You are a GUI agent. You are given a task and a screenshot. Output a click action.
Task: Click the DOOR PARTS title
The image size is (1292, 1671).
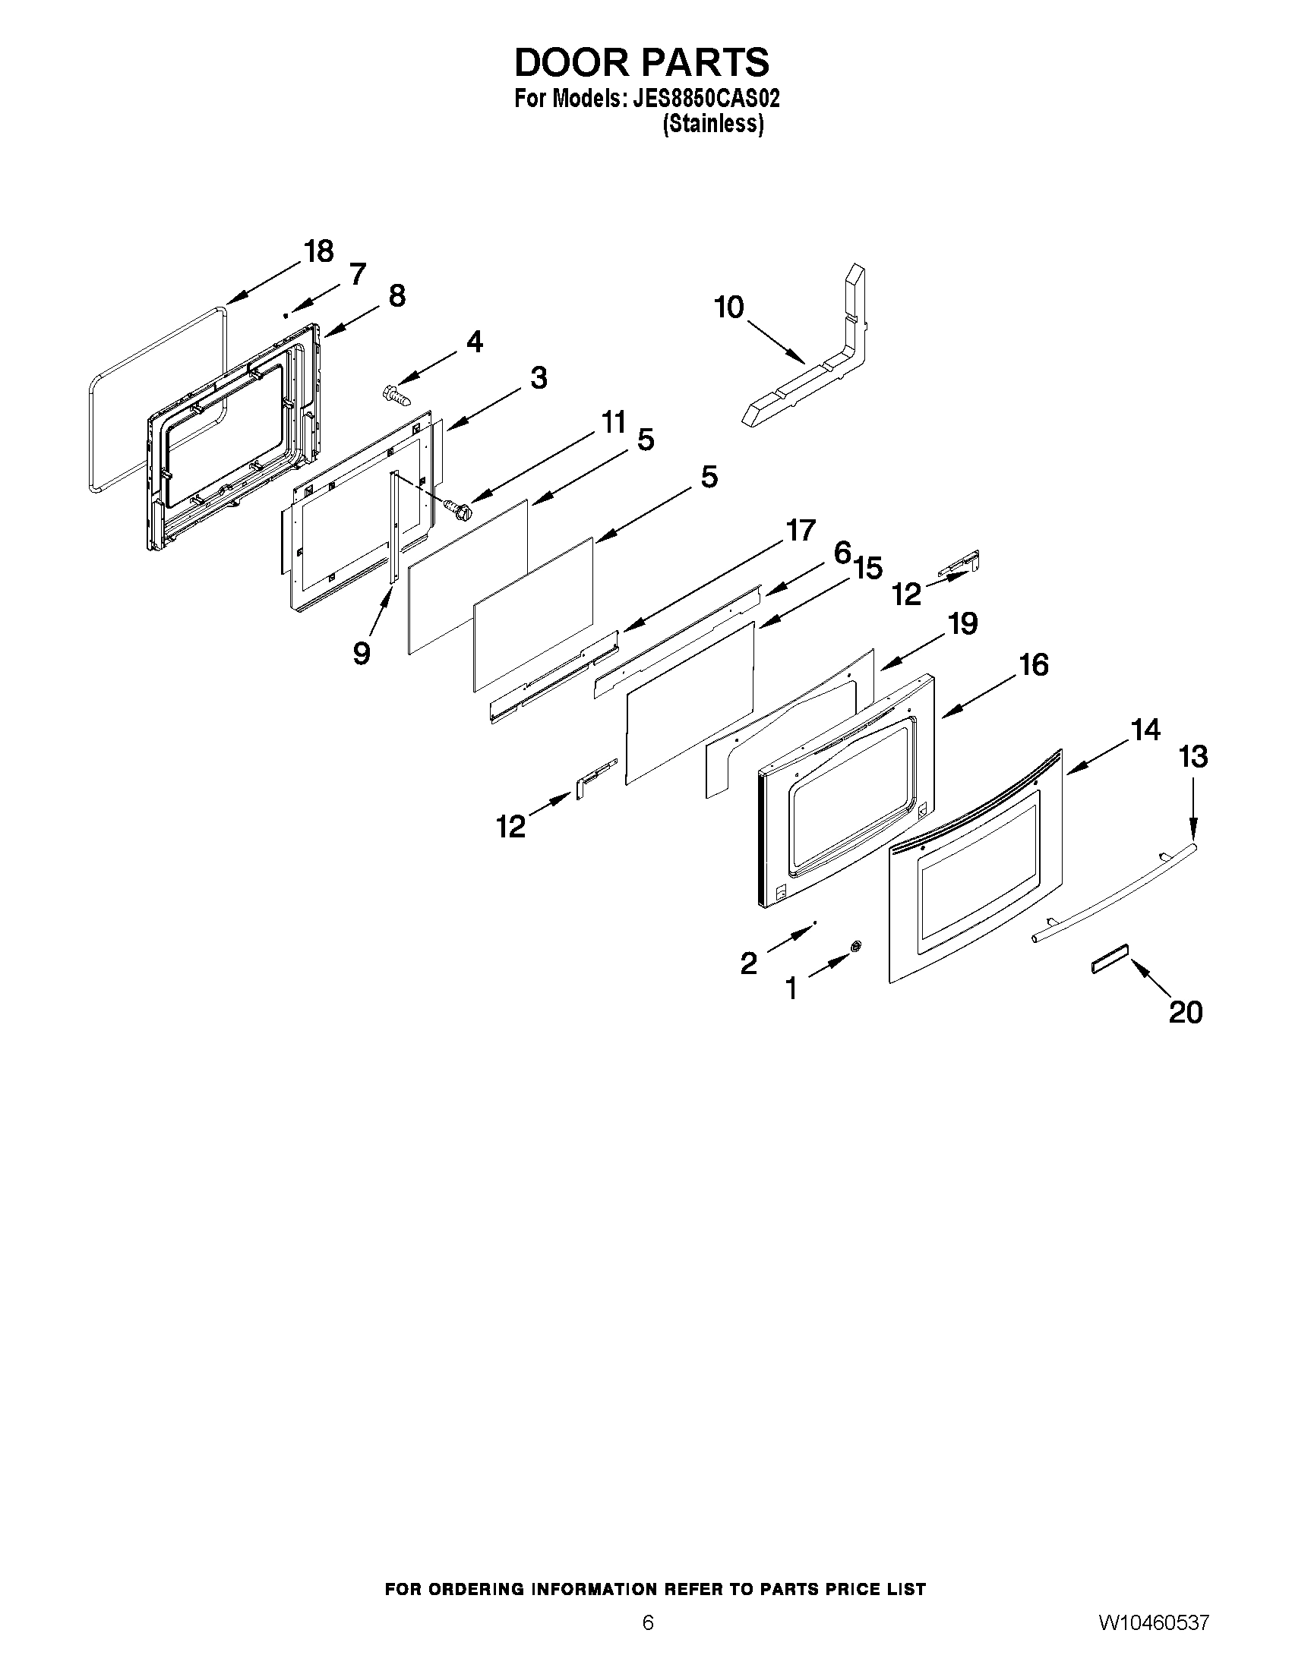pos(641,63)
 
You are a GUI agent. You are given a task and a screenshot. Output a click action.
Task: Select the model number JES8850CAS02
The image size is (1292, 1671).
pos(705,99)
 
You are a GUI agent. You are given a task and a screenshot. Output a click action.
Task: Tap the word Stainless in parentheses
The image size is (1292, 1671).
pos(712,124)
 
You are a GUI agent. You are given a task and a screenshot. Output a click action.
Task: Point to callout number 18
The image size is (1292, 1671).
pos(318,251)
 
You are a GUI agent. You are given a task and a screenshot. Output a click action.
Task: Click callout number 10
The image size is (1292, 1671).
pos(728,307)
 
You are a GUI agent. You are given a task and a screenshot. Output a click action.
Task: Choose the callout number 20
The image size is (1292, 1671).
pos(1185,1012)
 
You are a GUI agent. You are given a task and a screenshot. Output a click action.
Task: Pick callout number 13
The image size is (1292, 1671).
pos(1193,757)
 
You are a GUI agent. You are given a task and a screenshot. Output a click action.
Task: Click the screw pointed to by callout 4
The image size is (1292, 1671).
pos(396,396)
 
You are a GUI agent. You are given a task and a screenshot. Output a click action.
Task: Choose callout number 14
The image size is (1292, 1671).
pos(1145,730)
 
